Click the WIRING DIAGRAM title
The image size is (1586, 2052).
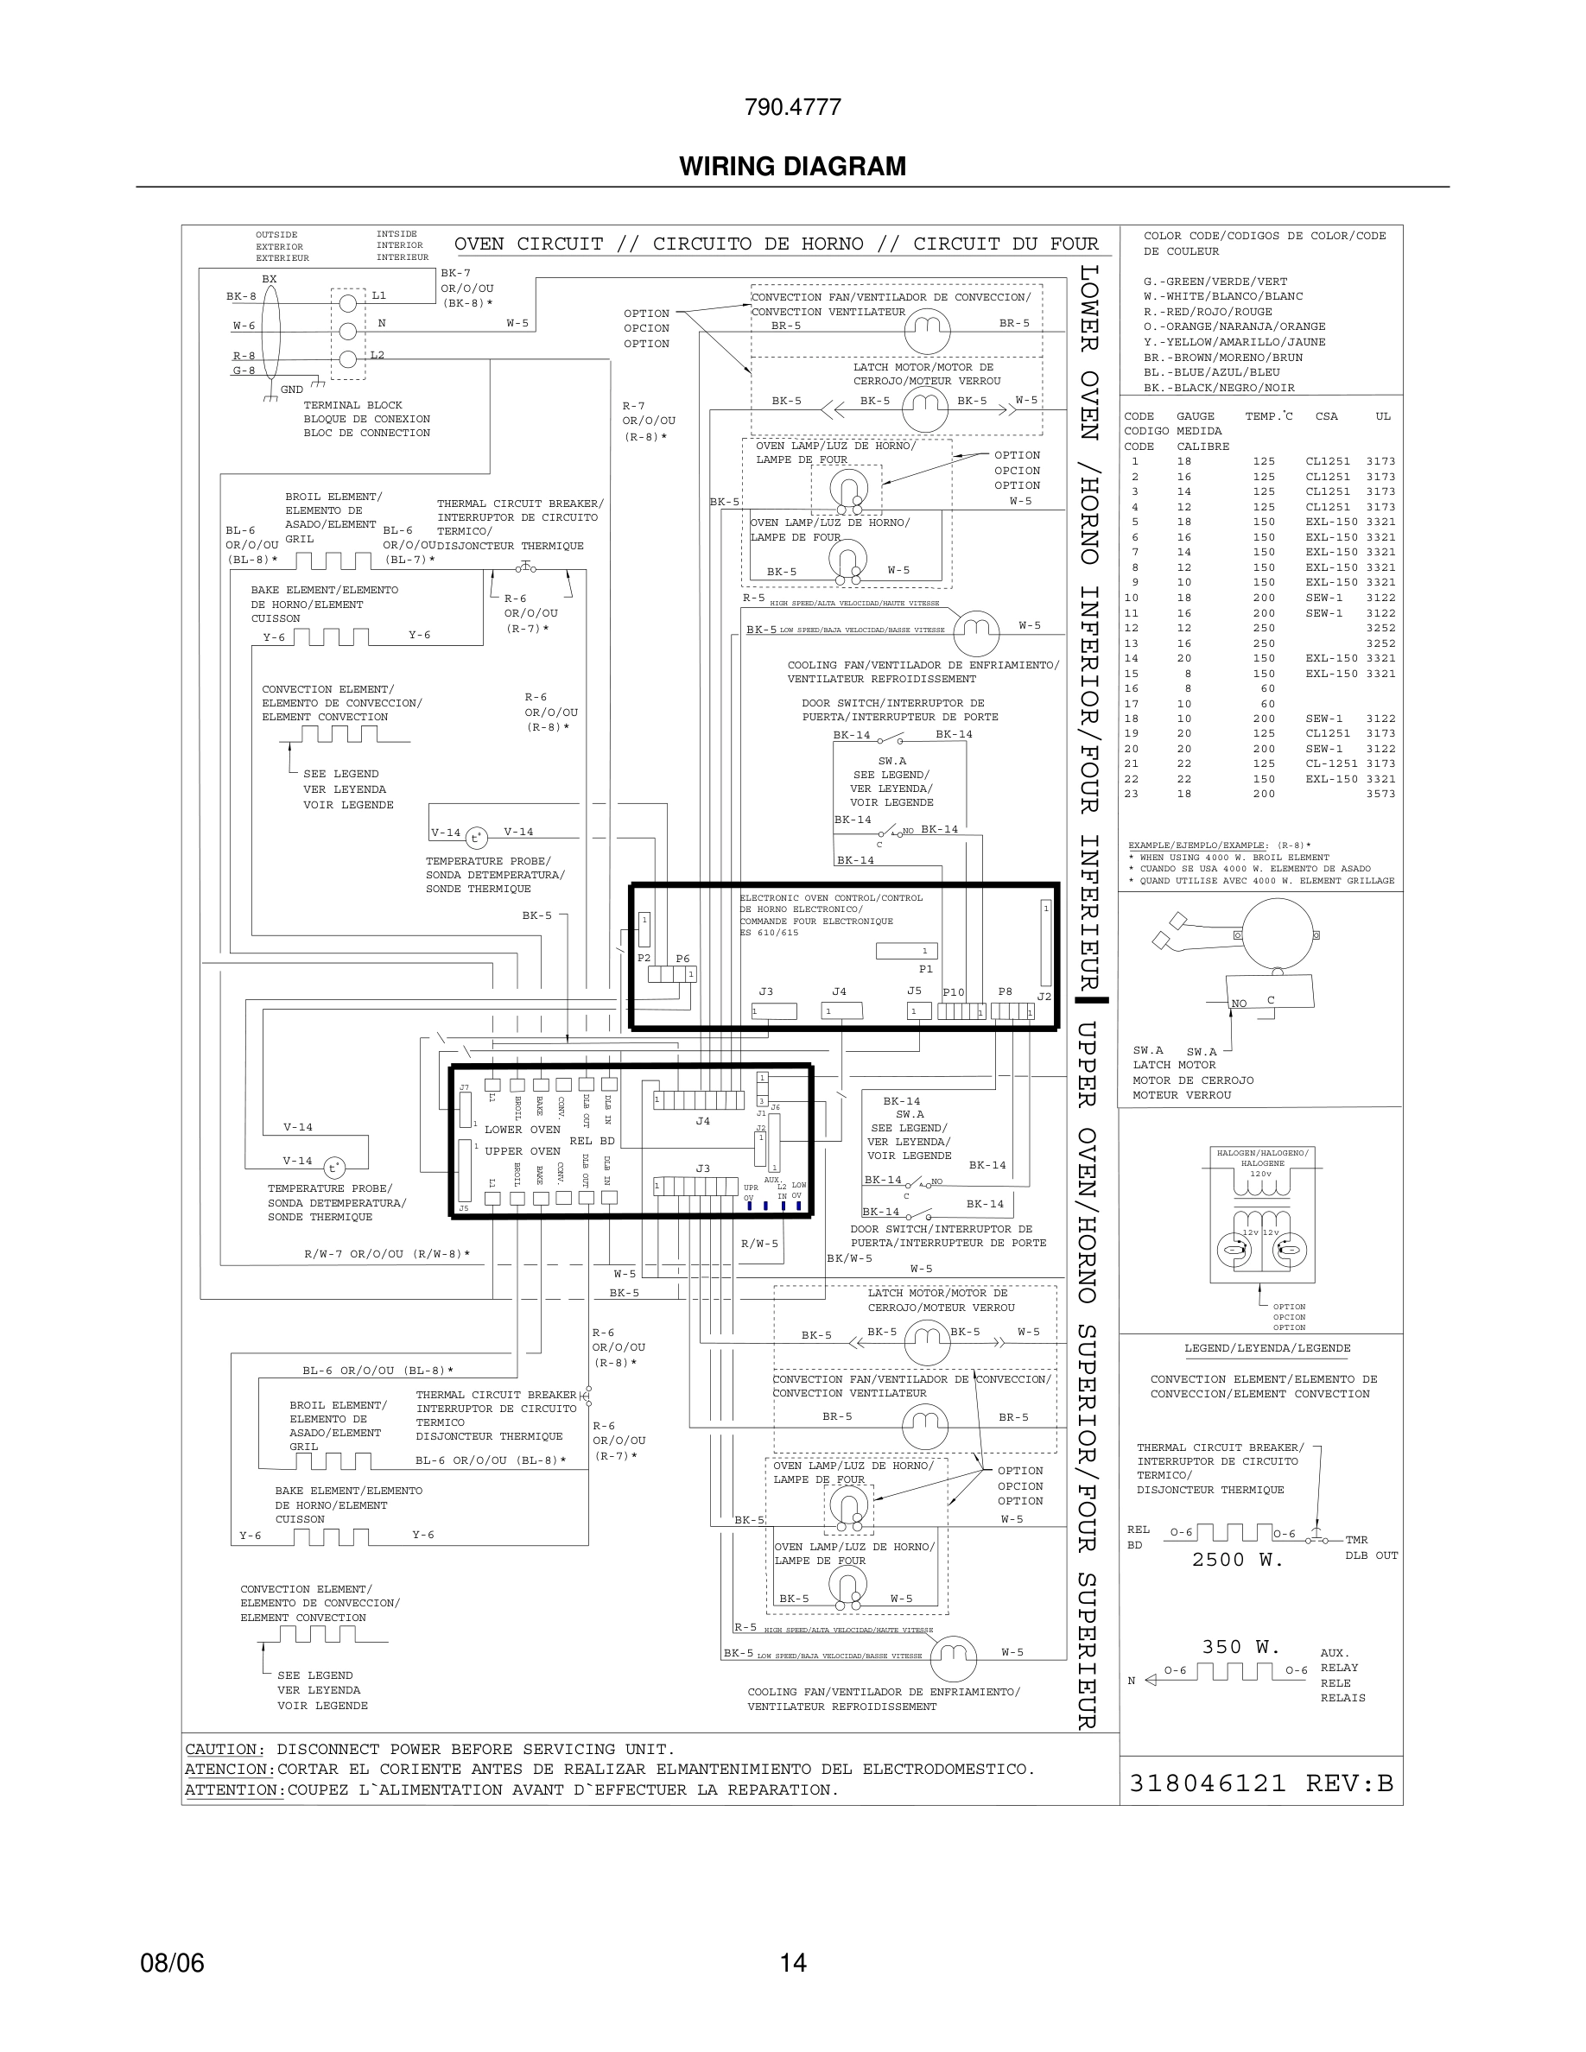[x=792, y=167]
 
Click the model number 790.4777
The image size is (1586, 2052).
[x=792, y=107]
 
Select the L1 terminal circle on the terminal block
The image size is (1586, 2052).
[x=347, y=302]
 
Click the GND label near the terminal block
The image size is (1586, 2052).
[x=291, y=389]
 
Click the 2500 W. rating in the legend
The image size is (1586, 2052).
[x=1236, y=1560]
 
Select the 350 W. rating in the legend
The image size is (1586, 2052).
[x=1234, y=1647]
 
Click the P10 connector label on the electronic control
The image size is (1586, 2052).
[x=953, y=992]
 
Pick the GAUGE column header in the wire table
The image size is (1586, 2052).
[x=1196, y=416]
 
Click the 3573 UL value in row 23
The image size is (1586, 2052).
[x=1380, y=794]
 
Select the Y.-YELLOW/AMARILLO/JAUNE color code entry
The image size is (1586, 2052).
[x=1234, y=342]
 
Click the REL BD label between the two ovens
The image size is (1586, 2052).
[x=592, y=1141]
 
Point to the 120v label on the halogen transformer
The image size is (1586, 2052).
[x=1260, y=1174]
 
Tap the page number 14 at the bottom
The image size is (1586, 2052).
[x=792, y=1963]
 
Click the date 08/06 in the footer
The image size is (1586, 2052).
[x=172, y=1963]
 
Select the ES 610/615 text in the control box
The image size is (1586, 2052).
[x=769, y=933]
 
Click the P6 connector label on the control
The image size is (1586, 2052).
[x=682, y=959]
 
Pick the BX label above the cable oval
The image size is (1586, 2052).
[x=270, y=279]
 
